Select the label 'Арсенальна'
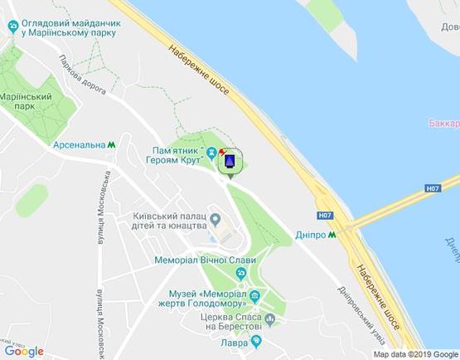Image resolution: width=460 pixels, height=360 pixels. pos(79,144)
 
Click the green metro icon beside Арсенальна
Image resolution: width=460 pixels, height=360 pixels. pos(111,144)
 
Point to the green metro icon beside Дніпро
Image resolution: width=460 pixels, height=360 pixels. pos(332,235)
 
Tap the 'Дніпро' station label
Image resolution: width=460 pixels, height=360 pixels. pos(310,235)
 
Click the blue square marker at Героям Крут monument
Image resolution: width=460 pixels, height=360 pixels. pos(230,160)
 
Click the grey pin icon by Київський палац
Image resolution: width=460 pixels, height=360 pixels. pos(216,220)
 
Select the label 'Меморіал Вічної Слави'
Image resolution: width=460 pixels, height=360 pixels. pos(205,260)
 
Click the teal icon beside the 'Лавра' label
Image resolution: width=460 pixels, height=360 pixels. pos(256,341)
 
